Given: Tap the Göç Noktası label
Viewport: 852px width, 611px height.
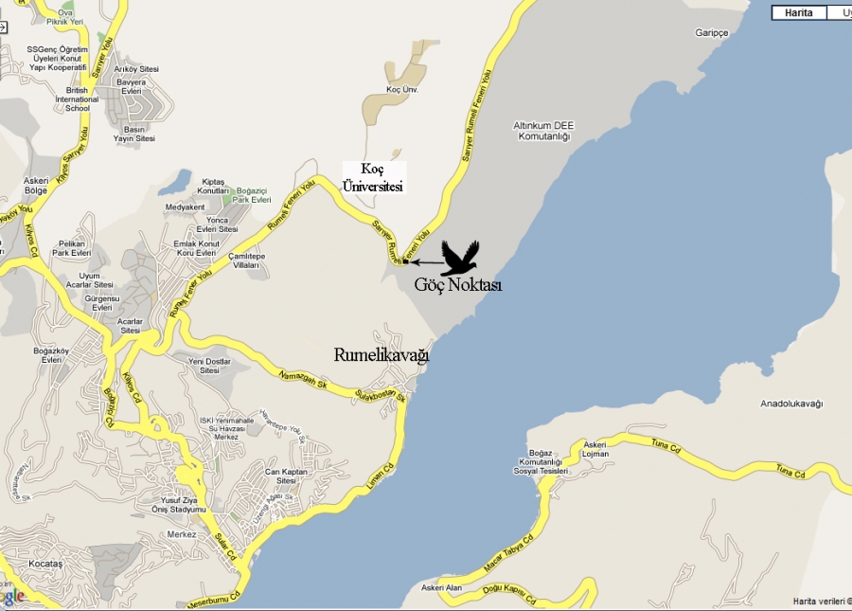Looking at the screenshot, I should pyautogui.click(x=457, y=284).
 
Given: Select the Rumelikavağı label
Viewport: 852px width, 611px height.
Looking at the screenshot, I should pyautogui.click(x=382, y=355).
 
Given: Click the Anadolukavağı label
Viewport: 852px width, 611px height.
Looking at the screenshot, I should pyautogui.click(x=791, y=404).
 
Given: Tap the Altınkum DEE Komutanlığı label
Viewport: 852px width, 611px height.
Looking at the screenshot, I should pyautogui.click(x=543, y=131).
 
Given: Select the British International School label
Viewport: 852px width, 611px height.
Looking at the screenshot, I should pyautogui.click(x=77, y=99).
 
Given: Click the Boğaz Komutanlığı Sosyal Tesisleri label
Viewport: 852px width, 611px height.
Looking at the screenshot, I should pyautogui.click(x=540, y=461).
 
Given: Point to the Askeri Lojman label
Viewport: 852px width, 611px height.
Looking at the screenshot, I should pyautogui.click(x=595, y=448).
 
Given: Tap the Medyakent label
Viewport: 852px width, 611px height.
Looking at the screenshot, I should pyautogui.click(x=185, y=207).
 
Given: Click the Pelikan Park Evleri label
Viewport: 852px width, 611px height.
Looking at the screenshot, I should pyautogui.click(x=71, y=249).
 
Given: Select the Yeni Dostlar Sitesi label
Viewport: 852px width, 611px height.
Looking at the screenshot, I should pyautogui.click(x=209, y=367).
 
